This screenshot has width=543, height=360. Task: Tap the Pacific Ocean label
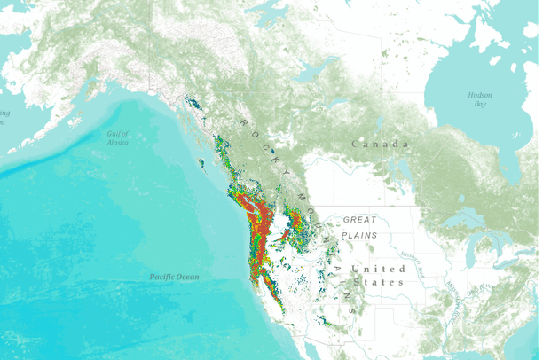pos(174,278)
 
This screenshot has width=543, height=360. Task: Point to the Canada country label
pos(381,144)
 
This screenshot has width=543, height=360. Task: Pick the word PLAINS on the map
pos(360,235)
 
